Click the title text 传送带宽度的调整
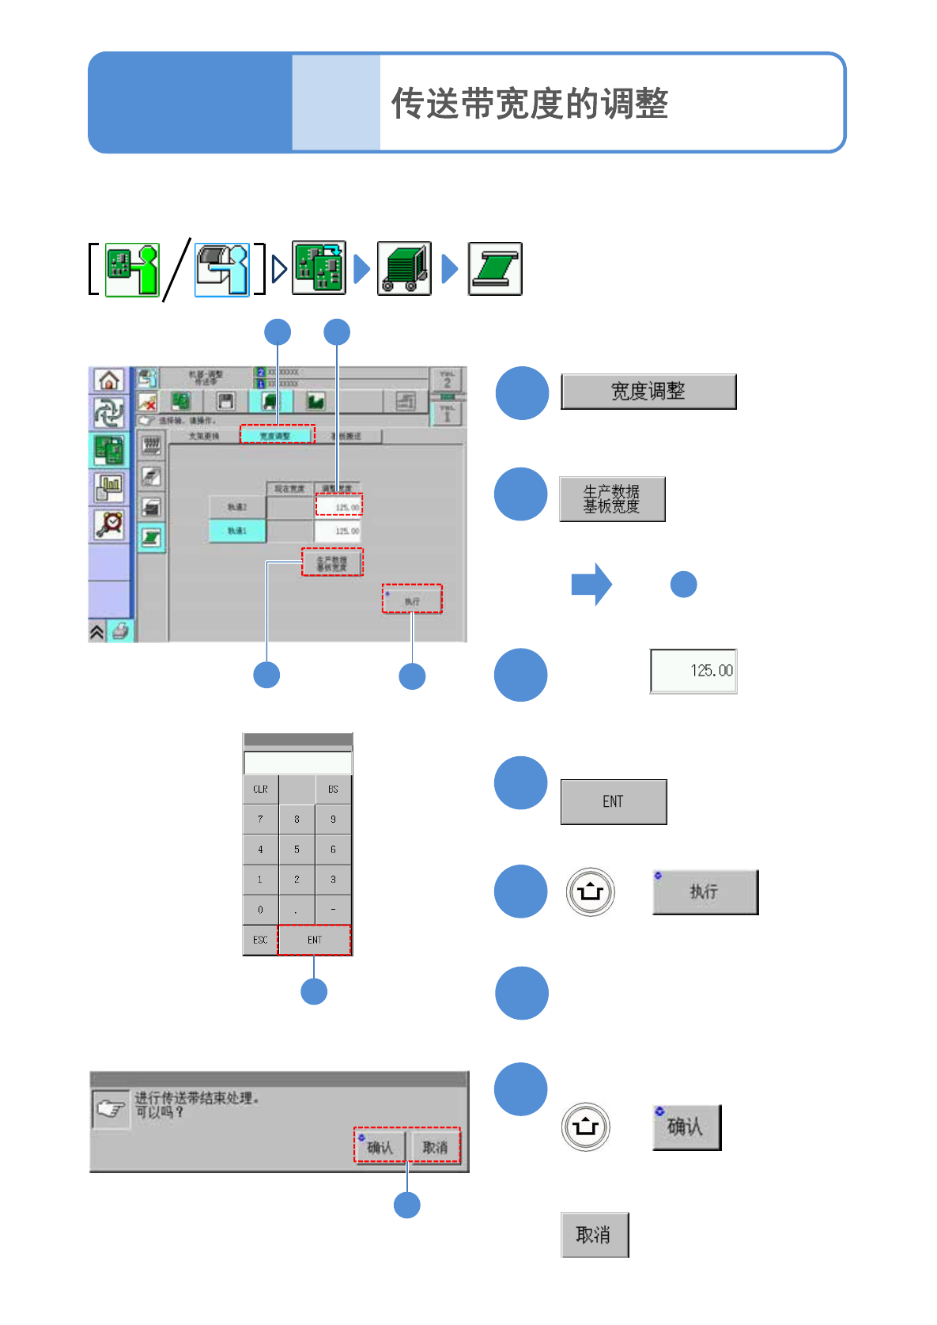[530, 104]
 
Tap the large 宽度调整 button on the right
[648, 392]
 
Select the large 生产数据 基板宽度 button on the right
[612, 499]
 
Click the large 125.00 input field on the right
[693, 671]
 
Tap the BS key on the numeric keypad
[333, 789]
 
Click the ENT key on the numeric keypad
[314, 940]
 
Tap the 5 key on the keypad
[297, 850]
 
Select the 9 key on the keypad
[333, 820]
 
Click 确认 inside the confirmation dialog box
[380, 1146]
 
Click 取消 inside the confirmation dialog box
[435, 1146]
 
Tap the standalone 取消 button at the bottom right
[595, 1235]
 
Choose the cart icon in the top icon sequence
[404, 269]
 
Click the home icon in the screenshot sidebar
[109, 380]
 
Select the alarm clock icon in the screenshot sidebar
[109, 524]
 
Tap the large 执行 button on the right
[705, 892]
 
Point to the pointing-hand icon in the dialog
[111, 1109]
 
